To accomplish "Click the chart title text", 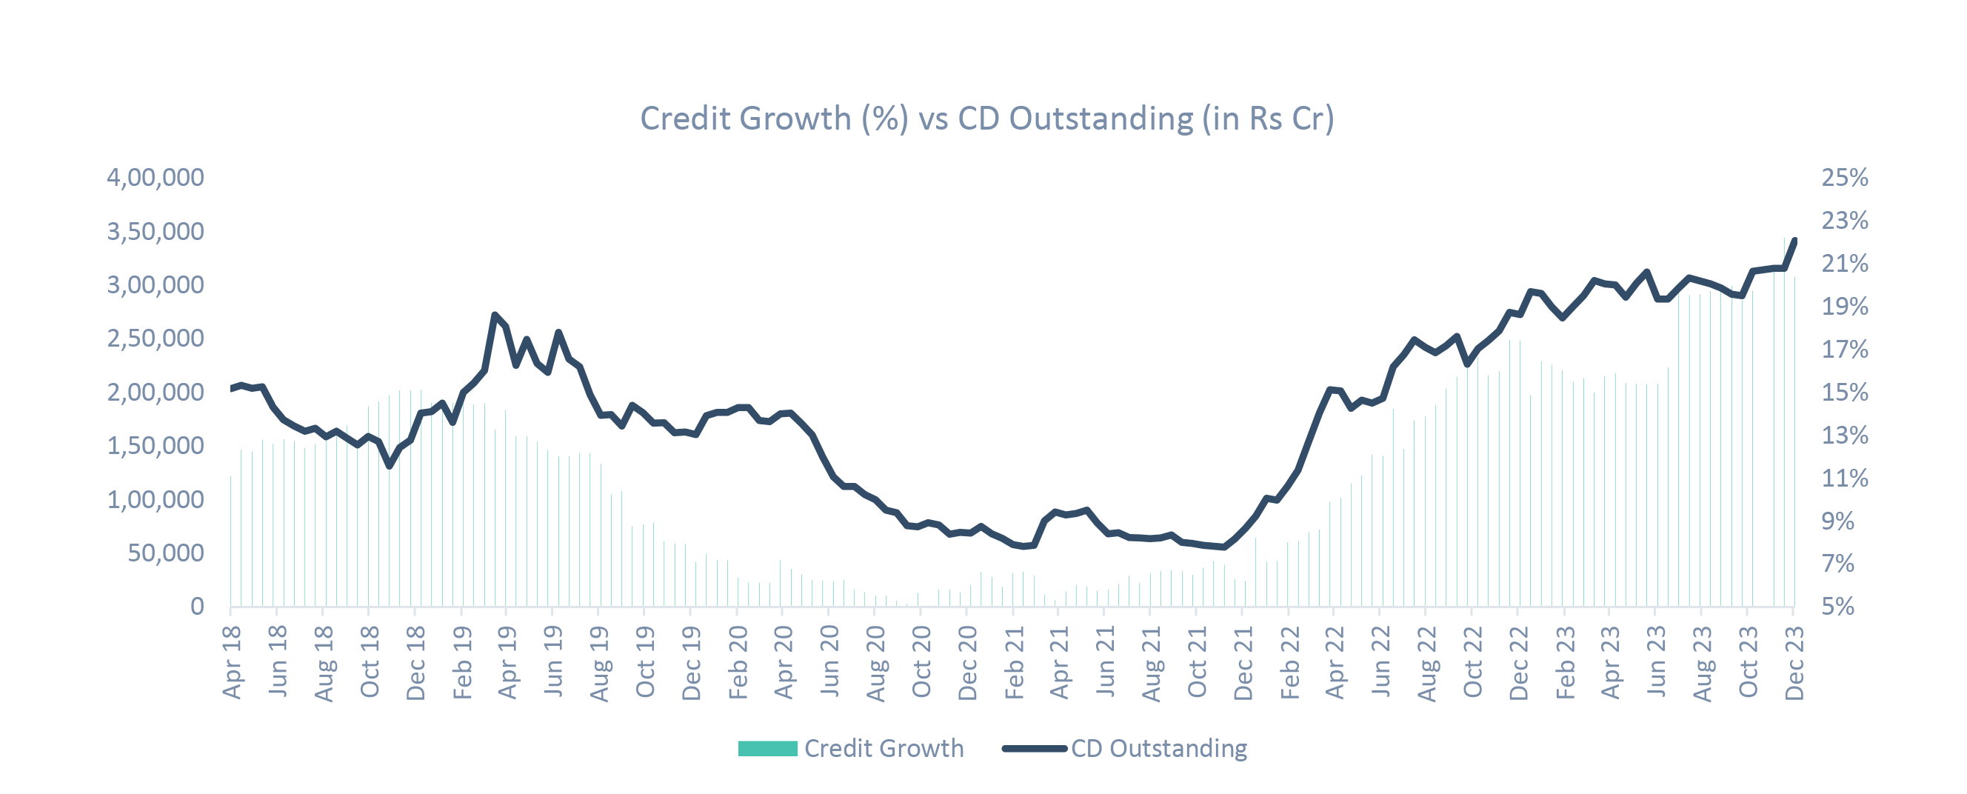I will [986, 119].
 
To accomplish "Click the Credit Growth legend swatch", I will [767, 748].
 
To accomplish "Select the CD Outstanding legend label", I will [1158, 748].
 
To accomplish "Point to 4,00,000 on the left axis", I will [155, 177].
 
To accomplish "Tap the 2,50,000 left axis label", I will [155, 338].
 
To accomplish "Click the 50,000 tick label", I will [166, 553].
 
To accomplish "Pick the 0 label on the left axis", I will [197, 606].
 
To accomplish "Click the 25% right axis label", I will [1845, 177].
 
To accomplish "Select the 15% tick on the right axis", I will [1845, 393].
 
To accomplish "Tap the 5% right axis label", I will [1845, 606].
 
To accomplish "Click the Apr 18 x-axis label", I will [232, 661].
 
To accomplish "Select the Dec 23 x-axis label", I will [1794, 661].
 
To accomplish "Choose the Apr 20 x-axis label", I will [784, 661].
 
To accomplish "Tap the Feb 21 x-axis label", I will [1013, 661].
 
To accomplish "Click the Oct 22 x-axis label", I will [1473, 661].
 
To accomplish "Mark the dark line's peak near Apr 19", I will [495, 315].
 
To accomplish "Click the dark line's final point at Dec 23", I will [1794, 241].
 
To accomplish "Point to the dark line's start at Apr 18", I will [231, 389].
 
